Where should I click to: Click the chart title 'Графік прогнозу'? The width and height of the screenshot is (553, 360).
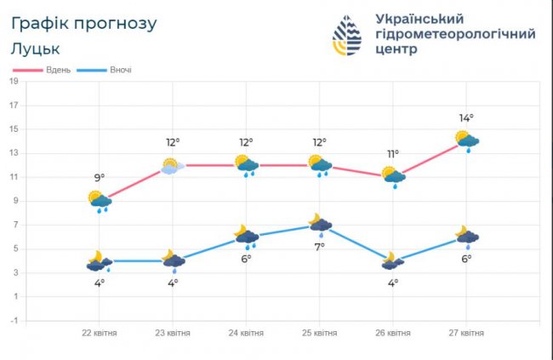coord(84,23)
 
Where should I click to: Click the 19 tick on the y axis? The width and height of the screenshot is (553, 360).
coord(14,82)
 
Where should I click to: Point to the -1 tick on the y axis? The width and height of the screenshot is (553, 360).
coord(14,320)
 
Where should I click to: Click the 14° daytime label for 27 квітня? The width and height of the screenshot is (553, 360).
coord(466,118)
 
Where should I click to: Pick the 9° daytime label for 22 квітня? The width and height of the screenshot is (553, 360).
coord(100,178)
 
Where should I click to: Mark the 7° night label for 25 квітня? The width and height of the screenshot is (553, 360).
coord(320,247)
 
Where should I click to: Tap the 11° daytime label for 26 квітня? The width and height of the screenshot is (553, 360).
coord(393,154)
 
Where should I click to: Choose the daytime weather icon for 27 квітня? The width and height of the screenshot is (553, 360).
coord(466,140)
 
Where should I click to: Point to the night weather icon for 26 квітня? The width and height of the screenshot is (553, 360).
coord(393,260)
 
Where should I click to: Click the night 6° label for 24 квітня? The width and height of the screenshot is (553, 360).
coord(246,259)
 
